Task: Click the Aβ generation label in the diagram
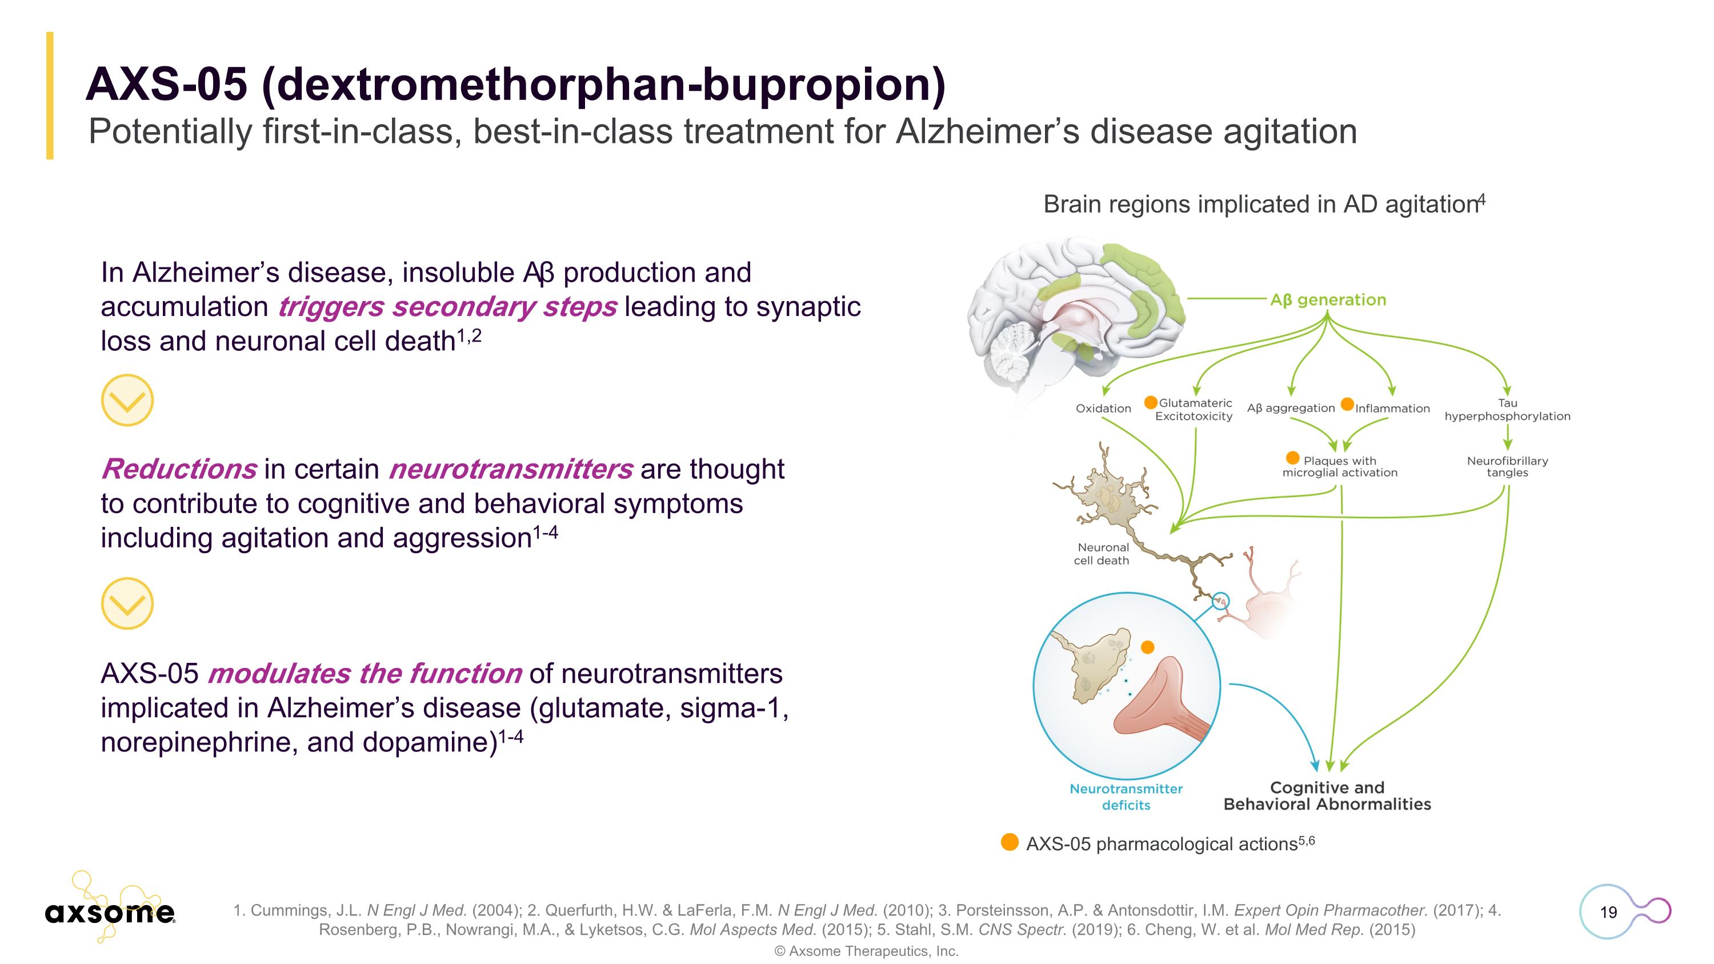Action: pos(1327,300)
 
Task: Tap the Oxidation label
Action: pos(1103,409)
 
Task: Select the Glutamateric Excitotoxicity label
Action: pos(1194,410)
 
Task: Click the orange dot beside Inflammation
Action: pos(1347,404)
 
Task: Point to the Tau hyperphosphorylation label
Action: pos(1507,410)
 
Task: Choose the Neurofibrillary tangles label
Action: pos(1507,466)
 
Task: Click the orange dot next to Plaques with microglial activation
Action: pos(1293,458)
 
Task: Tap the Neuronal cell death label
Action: pos(1102,554)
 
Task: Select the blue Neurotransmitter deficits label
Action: pos(1126,797)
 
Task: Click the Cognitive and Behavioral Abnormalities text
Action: pos(1327,795)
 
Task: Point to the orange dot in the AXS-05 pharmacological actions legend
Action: pos(1010,842)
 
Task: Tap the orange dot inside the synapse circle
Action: pos(1147,647)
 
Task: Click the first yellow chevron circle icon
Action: pos(127,400)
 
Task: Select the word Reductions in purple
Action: pos(178,469)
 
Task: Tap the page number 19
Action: pos(1608,912)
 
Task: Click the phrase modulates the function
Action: pos(364,673)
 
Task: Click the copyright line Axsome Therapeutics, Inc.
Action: pos(866,951)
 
